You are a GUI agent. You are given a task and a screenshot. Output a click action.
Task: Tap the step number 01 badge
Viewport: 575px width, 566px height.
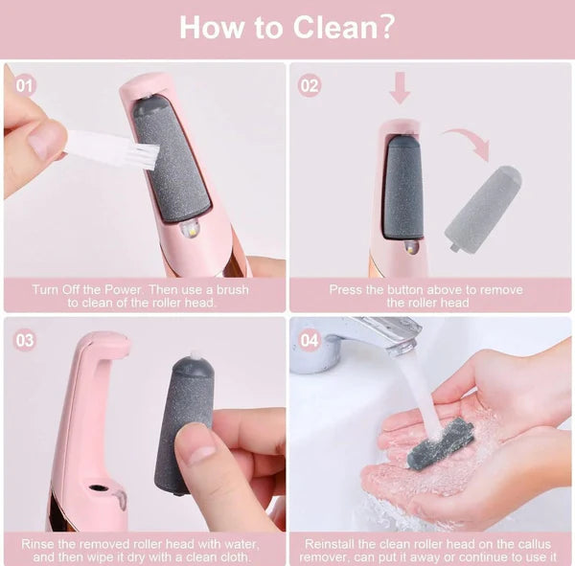click(26, 84)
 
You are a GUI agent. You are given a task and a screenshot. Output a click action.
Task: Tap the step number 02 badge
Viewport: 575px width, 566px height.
click(309, 84)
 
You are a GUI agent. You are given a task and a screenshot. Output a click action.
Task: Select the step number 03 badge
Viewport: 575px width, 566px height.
click(26, 340)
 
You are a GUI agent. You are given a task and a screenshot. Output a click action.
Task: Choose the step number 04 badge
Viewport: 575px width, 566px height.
click(309, 340)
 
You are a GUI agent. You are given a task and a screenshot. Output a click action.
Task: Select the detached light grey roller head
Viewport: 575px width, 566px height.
click(482, 209)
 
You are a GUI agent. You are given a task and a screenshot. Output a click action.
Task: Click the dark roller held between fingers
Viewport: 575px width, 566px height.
click(184, 421)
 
